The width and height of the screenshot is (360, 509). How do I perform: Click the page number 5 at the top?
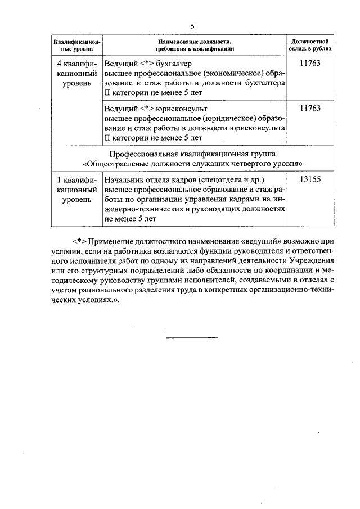click(192, 26)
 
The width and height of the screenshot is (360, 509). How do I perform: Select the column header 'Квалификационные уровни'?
click(77, 46)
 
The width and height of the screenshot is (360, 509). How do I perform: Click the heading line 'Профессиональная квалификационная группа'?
click(193, 154)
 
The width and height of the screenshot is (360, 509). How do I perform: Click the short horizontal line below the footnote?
click(192, 337)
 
